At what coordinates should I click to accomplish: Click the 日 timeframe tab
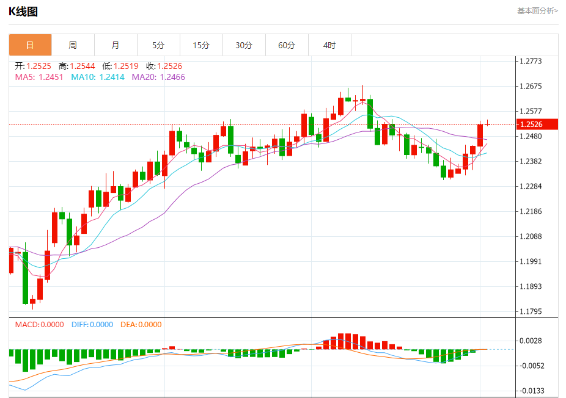(x=30, y=45)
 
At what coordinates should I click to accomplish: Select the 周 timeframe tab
(x=73, y=45)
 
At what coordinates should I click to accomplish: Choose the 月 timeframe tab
(x=116, y=45)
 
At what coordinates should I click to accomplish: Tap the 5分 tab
(x=158, y=45)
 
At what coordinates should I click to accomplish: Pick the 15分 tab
(x=201, y=45)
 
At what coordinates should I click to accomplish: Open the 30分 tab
(x=244, y=45)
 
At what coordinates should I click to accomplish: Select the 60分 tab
(x=287, y=45)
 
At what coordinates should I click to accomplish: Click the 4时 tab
(x=329, y=45)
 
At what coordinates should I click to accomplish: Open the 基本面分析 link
(x=537, y=10)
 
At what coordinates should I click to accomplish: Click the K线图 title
(x=23, y=11)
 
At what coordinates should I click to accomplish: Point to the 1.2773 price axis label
(x=531, y=61)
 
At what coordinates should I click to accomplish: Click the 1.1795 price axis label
(x=531, y=312)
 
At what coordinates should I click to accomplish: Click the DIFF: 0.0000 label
(x=92, y=325)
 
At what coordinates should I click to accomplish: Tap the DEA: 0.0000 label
(x=141, y=325)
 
